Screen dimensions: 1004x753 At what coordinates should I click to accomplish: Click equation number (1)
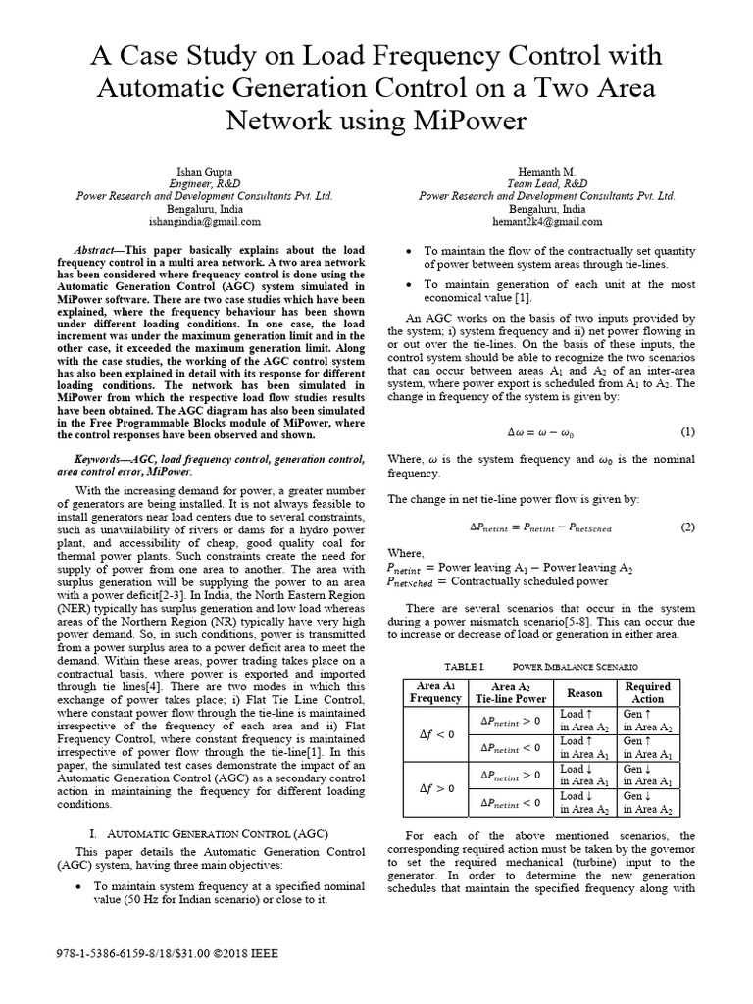(687, 431)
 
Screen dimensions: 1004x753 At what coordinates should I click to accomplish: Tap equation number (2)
(687, 527)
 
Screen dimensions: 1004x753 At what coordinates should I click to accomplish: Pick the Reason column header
(583, 692)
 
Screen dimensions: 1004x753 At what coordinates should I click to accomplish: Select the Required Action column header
(647, 692)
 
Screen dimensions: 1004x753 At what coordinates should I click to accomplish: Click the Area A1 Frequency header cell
(434, 692)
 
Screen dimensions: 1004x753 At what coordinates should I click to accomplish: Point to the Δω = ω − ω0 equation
(539, 432)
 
